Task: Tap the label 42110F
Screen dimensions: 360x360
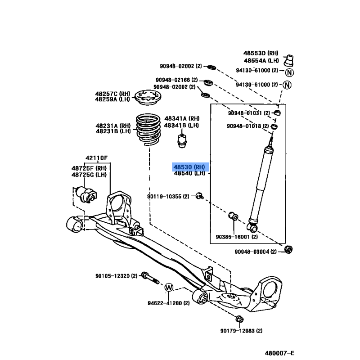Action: coord(96,158)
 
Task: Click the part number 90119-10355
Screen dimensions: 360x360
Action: coord(168,196)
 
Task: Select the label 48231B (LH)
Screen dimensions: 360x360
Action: coord(112,131)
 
